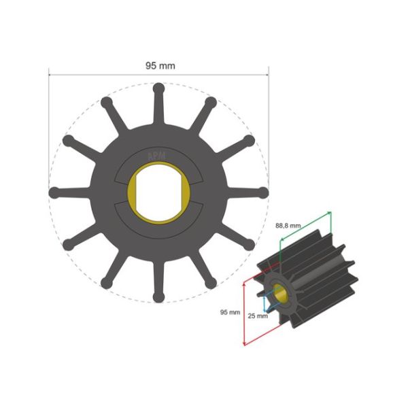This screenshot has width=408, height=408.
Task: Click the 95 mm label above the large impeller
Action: coord(159,65)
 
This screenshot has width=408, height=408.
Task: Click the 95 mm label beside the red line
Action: coord(231,312)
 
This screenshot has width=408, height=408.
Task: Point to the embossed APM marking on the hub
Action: coord(158,154)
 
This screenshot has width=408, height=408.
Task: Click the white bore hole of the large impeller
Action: coord(158,193)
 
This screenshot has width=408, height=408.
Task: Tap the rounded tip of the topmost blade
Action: coord(158,88)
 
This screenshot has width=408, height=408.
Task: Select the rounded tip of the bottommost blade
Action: coord(158,297)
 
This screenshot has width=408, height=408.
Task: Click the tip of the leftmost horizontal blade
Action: coord(54,193)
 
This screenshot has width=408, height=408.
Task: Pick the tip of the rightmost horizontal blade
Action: coord(263,193)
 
